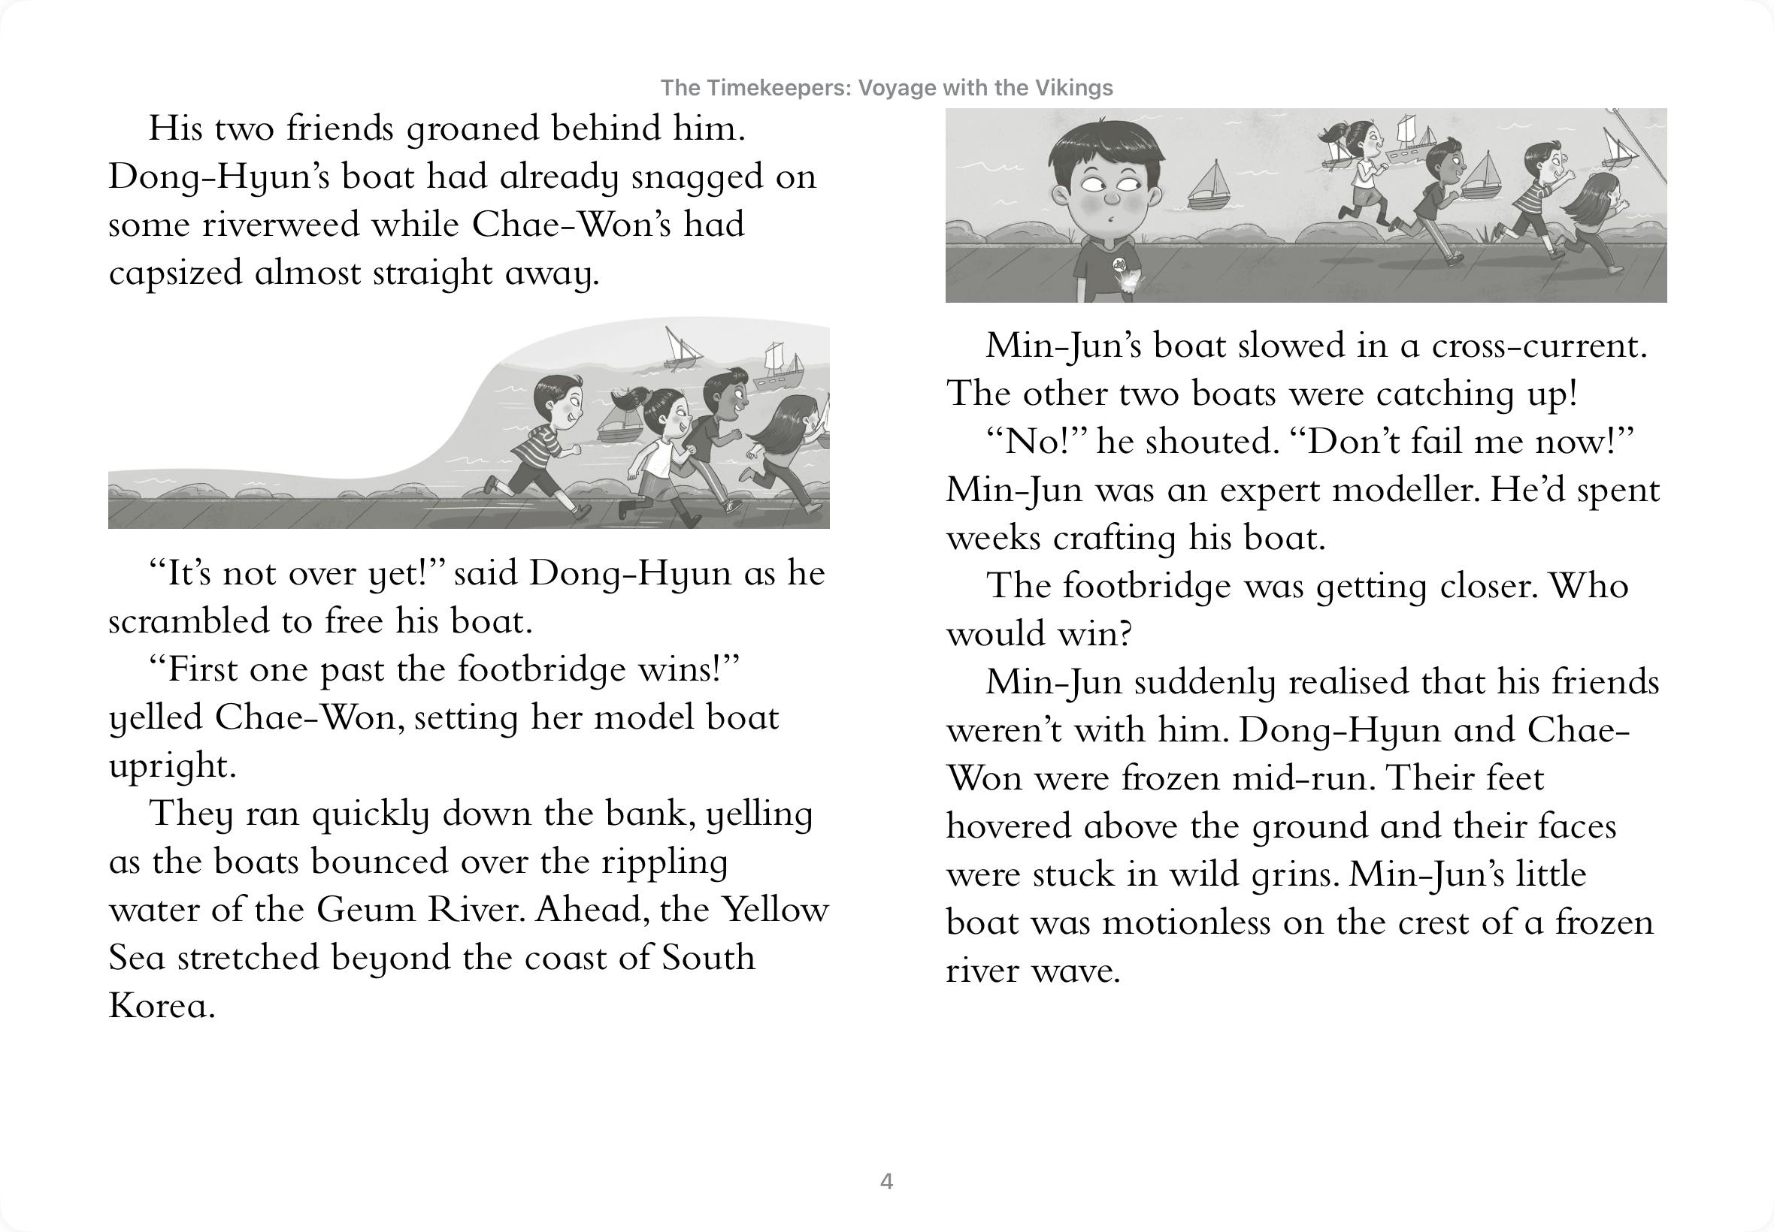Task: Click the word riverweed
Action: (280, 225)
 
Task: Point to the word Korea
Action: (162, 1005)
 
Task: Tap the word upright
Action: (171, 765)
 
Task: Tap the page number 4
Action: (886, 1181)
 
